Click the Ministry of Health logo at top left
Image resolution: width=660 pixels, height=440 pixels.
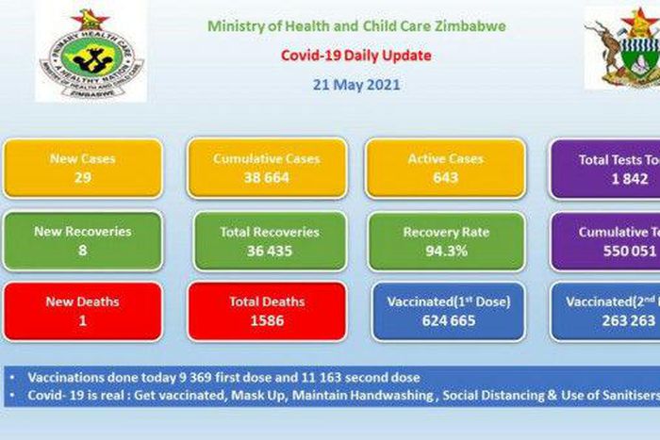pyautogui.click(x=91, y=52)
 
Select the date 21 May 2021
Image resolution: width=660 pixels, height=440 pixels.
pyautogui.click(x=356, y=84)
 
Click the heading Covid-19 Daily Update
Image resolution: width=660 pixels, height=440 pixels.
pyautogui.click(x=356, y=56)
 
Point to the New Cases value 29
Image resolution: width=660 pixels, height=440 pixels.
pyautogui.click(x=82, y=177)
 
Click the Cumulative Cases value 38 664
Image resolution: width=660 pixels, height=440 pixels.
pyautogui.click(x=267, y=177)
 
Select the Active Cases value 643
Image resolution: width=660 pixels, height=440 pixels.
pyautogui.click(x=444, y=177)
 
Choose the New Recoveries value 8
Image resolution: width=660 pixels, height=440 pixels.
pyautogui.click(x=82, y=250)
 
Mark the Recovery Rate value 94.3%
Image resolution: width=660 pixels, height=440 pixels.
pyautogui.click(x=444, y=250)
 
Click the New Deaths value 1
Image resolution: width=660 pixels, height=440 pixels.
pyautogui.click(x=82, y=320)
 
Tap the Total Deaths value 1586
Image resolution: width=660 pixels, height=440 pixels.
pyautogui.click(x=267, y=320)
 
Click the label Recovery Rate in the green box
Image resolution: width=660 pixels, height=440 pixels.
pyautogui.click(x=444, y=232)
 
